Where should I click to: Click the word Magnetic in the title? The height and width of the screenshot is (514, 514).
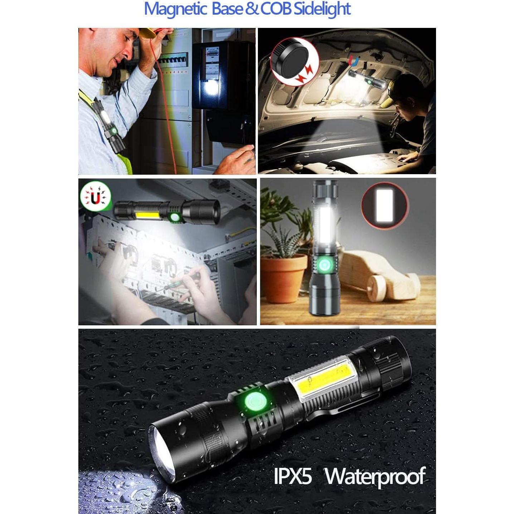point(175,9)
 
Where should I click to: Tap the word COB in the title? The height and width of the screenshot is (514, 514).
point(276,9)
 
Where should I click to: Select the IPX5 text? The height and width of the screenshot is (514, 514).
point(293,476)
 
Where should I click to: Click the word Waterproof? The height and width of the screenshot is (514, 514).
point(375,476)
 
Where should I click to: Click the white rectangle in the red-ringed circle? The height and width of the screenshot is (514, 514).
point(385,205)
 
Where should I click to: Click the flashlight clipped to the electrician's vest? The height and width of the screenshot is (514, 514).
point(110,125)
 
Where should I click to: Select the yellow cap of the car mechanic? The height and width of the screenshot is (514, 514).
point(389,99)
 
